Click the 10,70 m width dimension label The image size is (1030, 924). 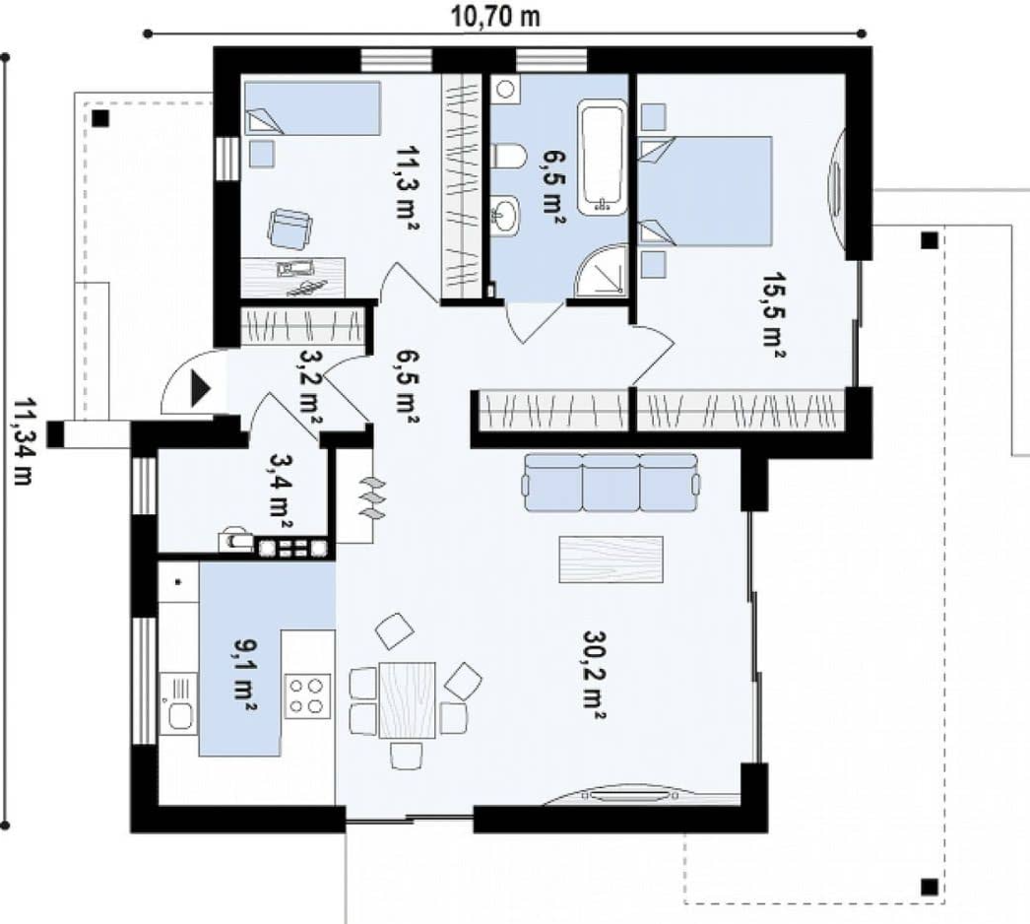tap(495, 17)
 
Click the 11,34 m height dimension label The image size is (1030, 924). tap(21, 441)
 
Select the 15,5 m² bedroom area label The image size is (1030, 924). tap(775, 315)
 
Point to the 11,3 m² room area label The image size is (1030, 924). tap(408, 188)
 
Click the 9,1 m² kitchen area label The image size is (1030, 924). tap(244, 677)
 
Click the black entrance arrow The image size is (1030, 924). tap(200, 388)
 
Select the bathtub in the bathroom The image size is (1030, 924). tap(601, 157)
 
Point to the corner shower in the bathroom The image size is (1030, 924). tap(601, 270)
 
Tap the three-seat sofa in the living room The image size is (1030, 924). tap(610, 483)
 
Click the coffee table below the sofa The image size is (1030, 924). tap(611, 560)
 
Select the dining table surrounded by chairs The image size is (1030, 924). tap(408, 699)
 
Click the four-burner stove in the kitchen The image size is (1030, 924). tap(307, 696)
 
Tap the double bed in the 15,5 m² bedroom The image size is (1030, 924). tap(705, 191)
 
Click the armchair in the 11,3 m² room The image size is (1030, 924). tap(290, 229)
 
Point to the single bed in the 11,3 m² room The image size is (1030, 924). tap(313, 108)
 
